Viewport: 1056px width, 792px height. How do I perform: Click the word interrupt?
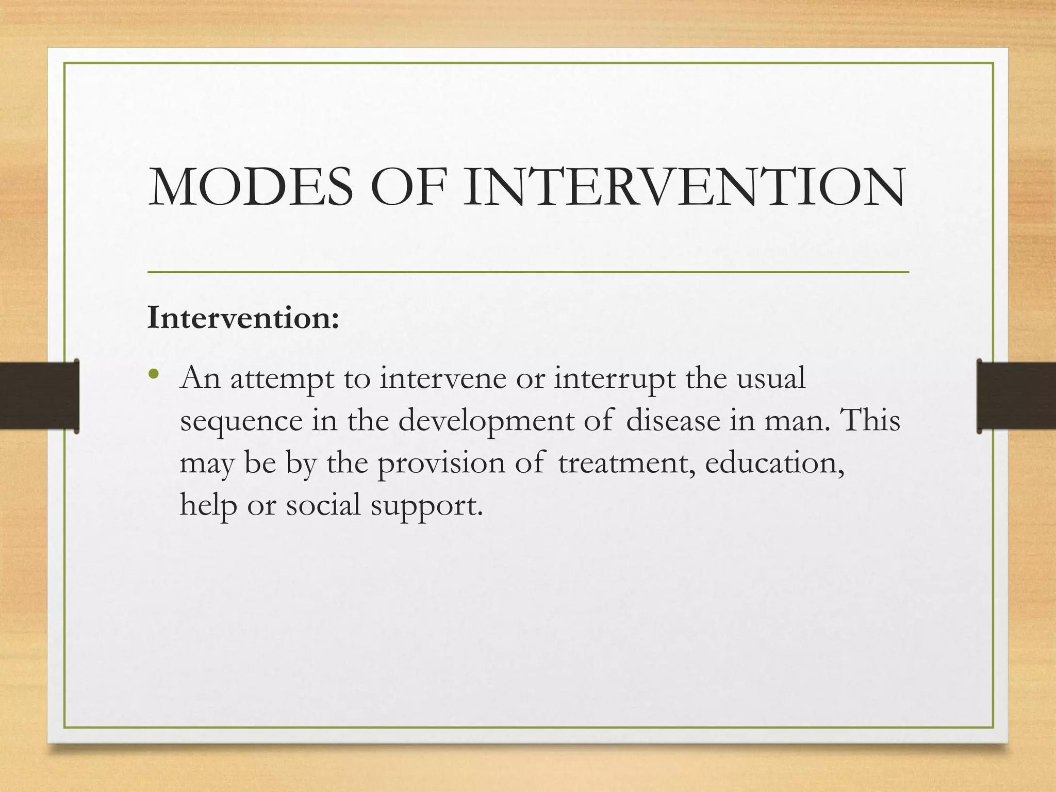pos(615,379)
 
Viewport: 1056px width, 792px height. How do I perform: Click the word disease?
pos(673,420)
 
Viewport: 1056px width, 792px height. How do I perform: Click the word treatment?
pos(626,463)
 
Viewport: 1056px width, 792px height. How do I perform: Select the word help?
pos(208,505)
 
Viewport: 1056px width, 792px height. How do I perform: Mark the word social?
pos(323,504)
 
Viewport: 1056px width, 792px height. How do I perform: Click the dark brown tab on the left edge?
pos(39,396)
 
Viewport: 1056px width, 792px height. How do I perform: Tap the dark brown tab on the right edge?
pos(1016,396)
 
